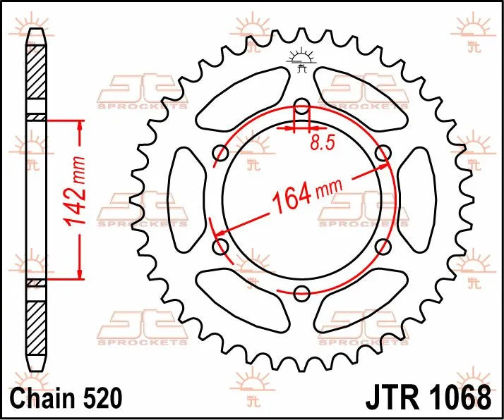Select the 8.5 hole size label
(x=321, y=143)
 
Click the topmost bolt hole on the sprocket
(x=301, y=108)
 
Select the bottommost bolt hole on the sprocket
(x=301, y=292)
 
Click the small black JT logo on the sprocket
(x=302, y=61)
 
